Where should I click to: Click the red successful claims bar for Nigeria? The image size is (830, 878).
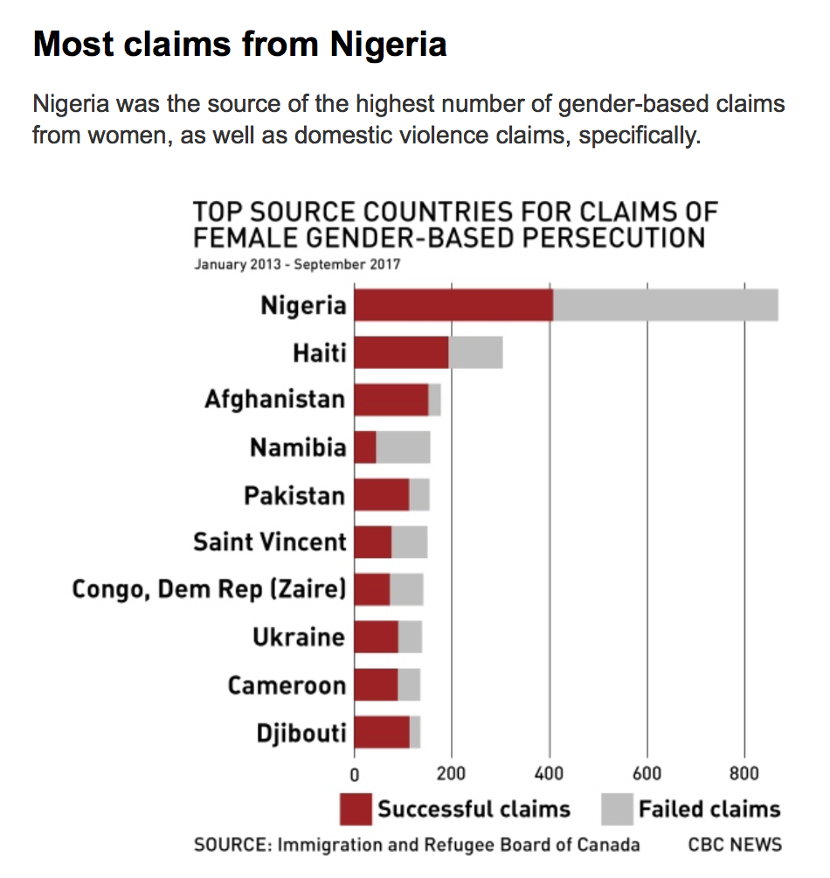(x=453, y=305)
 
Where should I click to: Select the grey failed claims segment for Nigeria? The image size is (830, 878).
(x=665, y=305)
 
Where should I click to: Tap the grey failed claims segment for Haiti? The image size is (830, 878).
(x=475, y=352)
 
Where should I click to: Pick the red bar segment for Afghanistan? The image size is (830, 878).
(x=391, y=400)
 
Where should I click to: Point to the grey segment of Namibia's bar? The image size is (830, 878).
(x=403, y=447)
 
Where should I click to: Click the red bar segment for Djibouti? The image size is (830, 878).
(x=382, y=731)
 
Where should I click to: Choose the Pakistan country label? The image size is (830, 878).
(x=294, y=495)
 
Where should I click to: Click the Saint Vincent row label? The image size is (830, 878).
(x=270, y=542)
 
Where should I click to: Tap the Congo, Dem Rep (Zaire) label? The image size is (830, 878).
(x=209, y=589)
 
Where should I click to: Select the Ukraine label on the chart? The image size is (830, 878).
(x=299, y=637)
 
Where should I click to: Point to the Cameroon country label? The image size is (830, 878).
(x=287, y=684)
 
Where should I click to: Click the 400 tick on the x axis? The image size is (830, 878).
(x=549, y=773)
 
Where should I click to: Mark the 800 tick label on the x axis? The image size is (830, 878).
(x=744, y=773)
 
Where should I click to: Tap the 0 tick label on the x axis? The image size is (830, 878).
(x=354, y=773)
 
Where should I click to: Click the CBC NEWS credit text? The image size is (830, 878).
(x=735, y=845)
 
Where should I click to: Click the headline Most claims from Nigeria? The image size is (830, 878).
(x=239, y=44)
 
